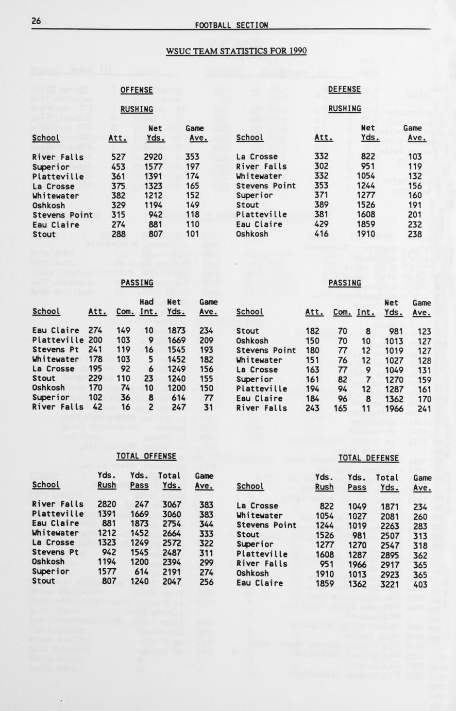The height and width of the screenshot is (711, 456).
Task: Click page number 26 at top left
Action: tap(36, 21)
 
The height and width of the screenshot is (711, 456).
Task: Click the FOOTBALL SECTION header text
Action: tap(231, 25)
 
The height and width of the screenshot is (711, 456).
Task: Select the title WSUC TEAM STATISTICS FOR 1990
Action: tap(236, 51)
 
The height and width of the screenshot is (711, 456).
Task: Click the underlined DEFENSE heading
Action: tap(345, 89)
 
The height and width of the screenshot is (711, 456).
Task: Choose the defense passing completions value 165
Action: tap(342, 408)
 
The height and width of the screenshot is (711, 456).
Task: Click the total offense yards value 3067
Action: tap(169, 504)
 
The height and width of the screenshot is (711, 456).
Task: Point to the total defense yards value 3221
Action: tap(387, 583)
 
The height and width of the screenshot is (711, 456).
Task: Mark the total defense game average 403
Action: tap(420, 583)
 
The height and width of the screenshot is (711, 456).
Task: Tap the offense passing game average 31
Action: tap(208, 407)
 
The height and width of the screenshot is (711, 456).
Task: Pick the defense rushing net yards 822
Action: tap(370, 157)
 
